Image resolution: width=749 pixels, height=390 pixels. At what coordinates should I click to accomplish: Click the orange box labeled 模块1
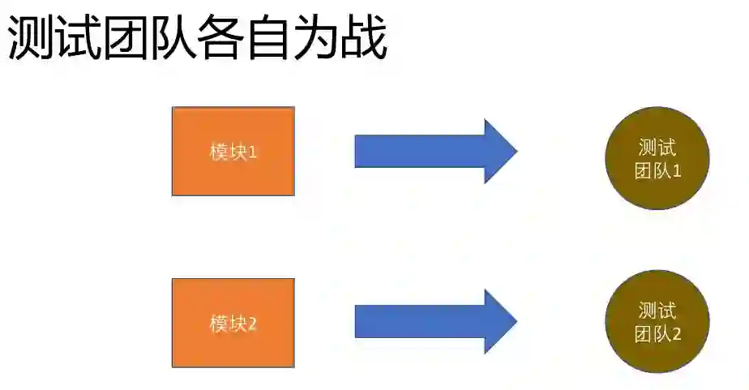233,152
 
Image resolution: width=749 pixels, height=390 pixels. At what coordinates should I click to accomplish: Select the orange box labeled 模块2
233,323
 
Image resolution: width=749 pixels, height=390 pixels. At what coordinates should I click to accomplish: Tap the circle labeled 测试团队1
657,158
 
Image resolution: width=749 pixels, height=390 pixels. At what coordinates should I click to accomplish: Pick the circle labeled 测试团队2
657,321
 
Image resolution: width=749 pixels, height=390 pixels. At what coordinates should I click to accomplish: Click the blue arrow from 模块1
422,152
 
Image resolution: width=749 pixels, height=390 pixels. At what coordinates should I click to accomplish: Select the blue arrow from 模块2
422,322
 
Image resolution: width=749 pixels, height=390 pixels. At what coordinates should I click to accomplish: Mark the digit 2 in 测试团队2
677,334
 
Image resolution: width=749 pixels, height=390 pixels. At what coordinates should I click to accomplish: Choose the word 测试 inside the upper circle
657,148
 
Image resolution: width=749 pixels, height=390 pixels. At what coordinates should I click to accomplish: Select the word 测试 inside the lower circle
657,311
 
